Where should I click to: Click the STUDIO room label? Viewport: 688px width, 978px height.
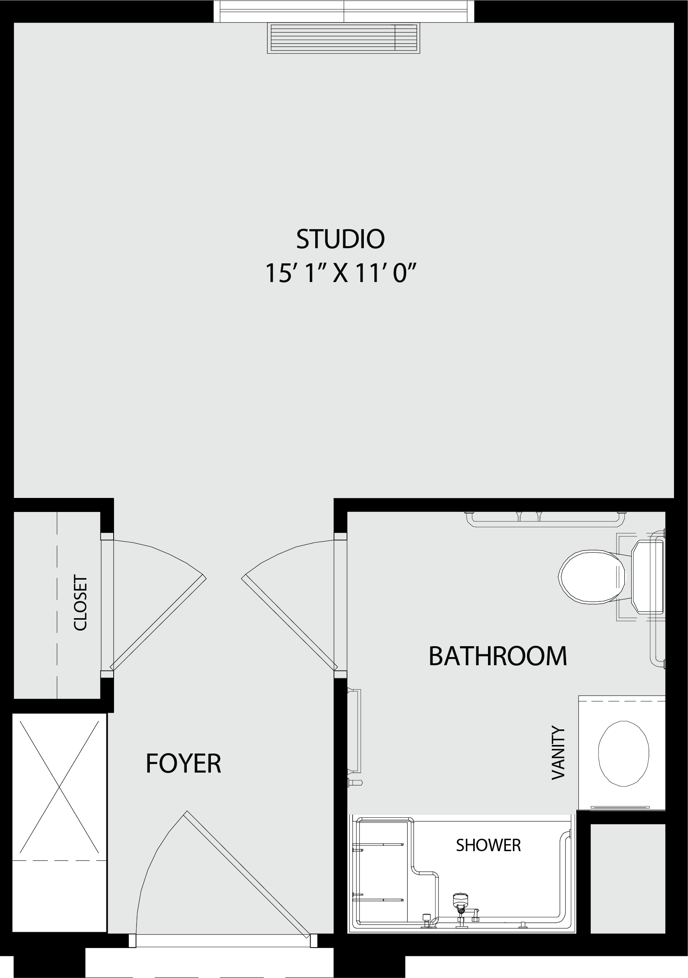point(340,239)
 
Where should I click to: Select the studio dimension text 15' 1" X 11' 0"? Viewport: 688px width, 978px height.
point(340,273)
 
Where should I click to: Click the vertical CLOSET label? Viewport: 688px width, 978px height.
point(80,603)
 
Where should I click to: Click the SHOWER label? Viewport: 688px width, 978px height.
point(488,845)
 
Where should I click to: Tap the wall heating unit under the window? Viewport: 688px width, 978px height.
point(343,38)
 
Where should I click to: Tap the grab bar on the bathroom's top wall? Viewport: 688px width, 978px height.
point(545,519)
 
